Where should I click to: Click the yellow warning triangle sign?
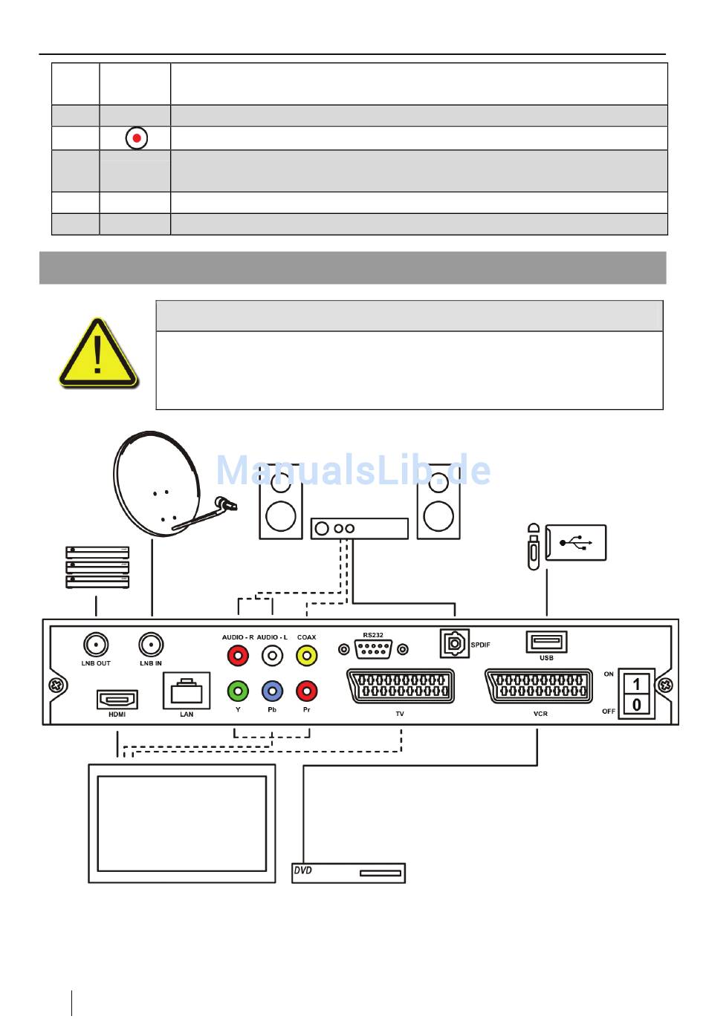pos(98,354)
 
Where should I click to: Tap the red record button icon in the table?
pos(136,138)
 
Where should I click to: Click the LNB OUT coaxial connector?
pos(96,645)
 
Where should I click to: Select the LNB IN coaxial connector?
pos(152,645)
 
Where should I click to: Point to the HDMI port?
pos(117,699)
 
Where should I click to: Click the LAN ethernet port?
pos(187,691)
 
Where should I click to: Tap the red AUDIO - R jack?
pos(238,656)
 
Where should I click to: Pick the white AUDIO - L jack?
pos(272,656)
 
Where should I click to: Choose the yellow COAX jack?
pos(306,656)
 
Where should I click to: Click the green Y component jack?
pos(238,691)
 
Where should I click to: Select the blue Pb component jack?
pos(272,691)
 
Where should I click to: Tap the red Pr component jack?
pos(306,691)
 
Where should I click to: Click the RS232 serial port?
pos(373,649)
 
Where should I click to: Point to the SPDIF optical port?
pos(453,644)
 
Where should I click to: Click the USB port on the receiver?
pos(546,642)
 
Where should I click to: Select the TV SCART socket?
pos(401,686)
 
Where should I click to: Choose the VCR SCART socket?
pos(540,686)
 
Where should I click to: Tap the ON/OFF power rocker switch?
pos(636,694)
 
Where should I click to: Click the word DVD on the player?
pos(303,870)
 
